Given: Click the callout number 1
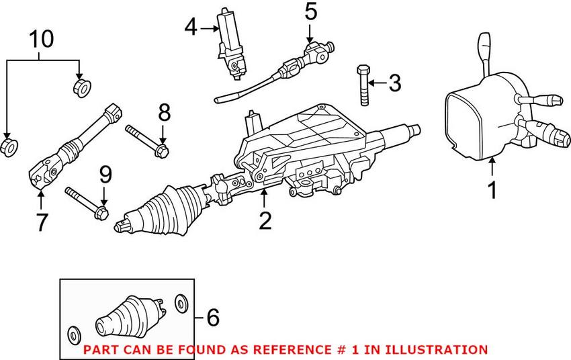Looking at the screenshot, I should pyautogui.click(x=492, y=189).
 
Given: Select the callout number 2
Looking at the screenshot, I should pyautogui.click(x=265, y=220).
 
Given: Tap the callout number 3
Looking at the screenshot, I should pyautogui.click(x=394, y=84).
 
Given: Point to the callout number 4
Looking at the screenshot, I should pyautogui.click(x=191, y=28).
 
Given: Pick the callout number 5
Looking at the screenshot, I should pyautogui.click(x=310, y=11).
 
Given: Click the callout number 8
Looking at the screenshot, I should pyautogui.click(x=165, y=112).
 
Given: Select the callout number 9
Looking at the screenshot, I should pyautogui.click(x=104, y=177).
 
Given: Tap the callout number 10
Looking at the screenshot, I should pyautogui.click(x=42, y=40).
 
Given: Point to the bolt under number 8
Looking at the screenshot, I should pyautogui.click(x=146, y=138).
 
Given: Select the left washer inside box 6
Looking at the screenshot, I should pyautogui.click(x=74, y=332).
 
